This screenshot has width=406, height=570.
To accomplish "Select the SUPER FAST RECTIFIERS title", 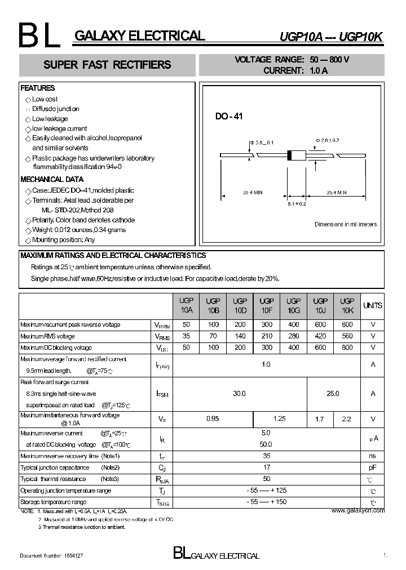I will point(107,65).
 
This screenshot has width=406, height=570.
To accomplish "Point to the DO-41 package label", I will point(228,117).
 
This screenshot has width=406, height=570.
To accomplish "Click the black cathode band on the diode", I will point(290,155).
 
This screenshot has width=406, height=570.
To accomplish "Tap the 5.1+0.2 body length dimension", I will point(296,204).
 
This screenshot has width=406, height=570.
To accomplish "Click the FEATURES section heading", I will point(38,88).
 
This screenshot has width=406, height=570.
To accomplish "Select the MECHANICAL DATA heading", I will point(52,179).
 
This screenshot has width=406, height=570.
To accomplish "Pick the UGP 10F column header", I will point(267,306).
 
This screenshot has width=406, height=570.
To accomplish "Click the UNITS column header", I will point(373,306).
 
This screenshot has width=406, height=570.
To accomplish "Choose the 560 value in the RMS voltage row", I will point(347,336).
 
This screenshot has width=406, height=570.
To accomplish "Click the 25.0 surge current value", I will point(333,394).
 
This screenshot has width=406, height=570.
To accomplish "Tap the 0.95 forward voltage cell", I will point(213,419).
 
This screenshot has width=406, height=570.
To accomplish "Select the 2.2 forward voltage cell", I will point(347,419).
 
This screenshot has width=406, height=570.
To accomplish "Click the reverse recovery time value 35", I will point(266,456).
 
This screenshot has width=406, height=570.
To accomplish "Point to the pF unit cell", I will point(373,467).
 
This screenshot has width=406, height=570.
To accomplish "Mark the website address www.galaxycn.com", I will point(358,510).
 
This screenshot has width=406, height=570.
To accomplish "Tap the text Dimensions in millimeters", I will point(345,224).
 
